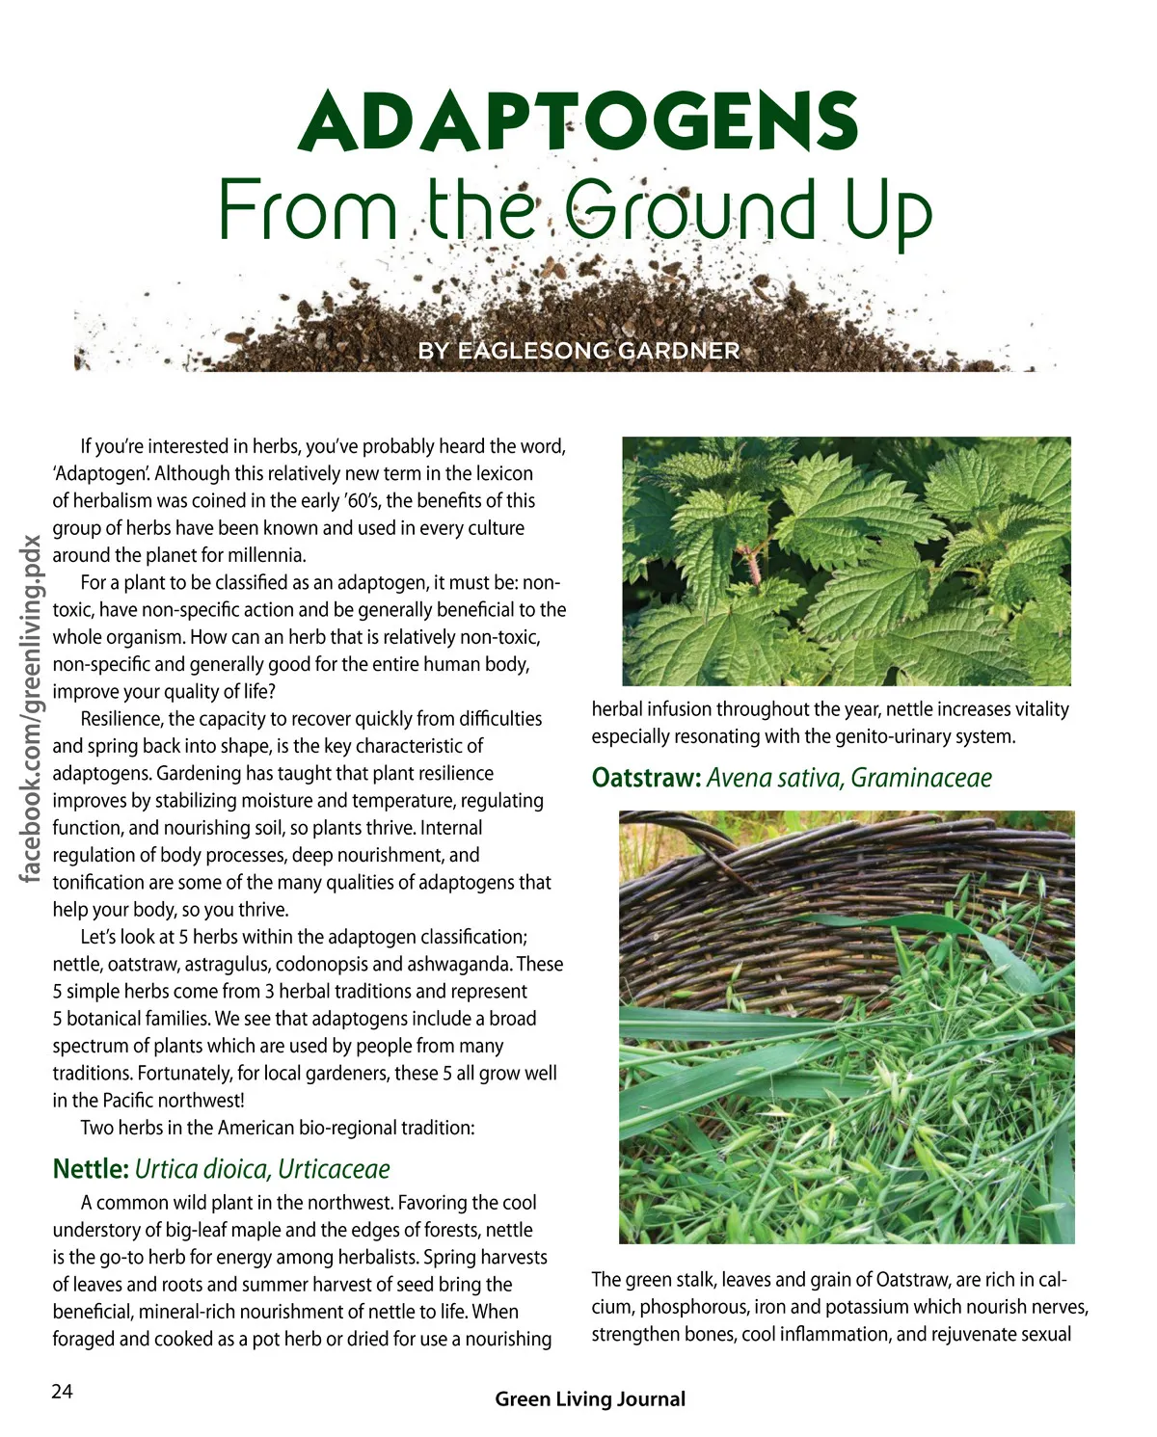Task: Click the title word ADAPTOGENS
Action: pos(578,122)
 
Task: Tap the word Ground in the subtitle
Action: pos(689,209)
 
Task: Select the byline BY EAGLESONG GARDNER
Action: pos(578,351)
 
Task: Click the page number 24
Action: pos(62,1391)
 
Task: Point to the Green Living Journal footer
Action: pos(590,1399)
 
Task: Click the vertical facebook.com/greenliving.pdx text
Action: pos(32,708)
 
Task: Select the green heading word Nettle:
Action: pos(91,1169)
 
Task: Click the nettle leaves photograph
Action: pos(847,561)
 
